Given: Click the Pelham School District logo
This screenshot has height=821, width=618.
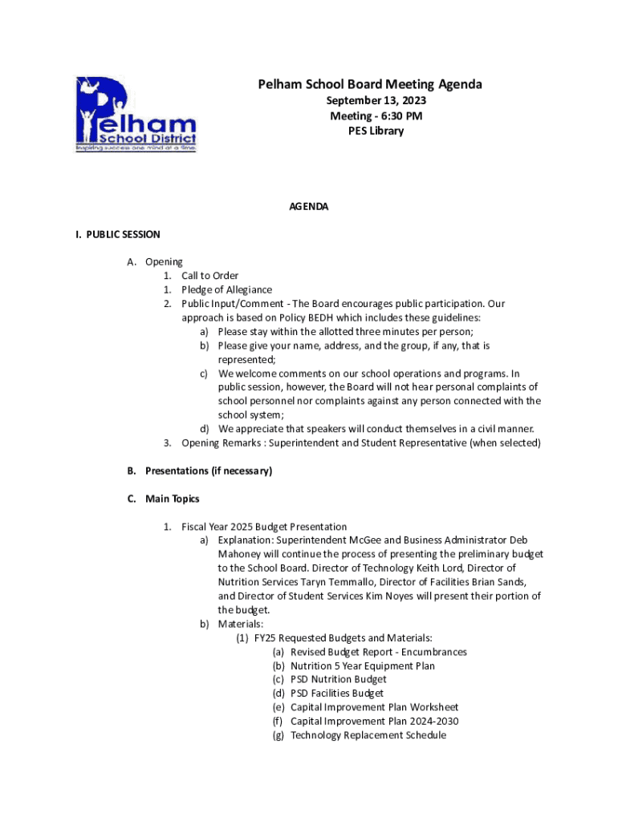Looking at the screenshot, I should [135, 114].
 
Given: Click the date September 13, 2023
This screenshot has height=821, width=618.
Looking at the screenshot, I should [376, 101].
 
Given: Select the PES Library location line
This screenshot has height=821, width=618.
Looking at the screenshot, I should [376, 131].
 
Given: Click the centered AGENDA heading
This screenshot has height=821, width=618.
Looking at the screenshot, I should [309, 207].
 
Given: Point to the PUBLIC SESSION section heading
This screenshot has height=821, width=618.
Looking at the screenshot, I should [118, 235].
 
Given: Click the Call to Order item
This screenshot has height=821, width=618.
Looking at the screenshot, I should [209, 276].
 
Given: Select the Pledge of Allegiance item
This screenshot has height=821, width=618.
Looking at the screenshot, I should [226, 289].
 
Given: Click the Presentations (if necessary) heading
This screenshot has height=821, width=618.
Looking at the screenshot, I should [208, 471].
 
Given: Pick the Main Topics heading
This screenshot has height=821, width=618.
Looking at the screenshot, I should [172, 499].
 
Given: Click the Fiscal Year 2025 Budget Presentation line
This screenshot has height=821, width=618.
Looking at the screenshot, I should [264, 527].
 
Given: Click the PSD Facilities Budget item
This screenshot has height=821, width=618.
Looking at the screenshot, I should [337, 693].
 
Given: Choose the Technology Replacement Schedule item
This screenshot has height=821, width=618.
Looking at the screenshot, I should [368, 735].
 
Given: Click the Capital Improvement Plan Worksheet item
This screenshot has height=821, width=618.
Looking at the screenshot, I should [374, 707].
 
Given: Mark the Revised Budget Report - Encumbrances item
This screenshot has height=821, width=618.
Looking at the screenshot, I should [378, 652].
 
